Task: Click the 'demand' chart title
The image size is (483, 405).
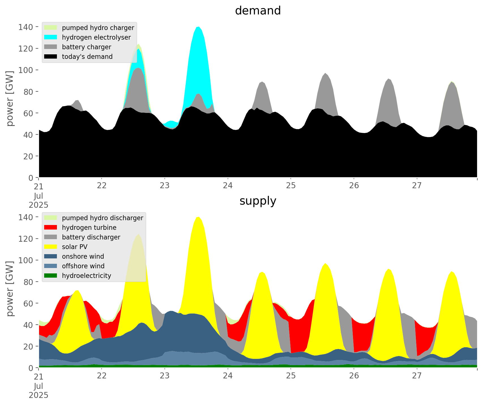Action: pyautogui.click(x=258, y=11)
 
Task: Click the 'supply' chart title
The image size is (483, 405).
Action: pyautogui.click(x=258, y=201)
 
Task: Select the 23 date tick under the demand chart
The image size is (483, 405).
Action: pyautogui.click(x=164, y=185)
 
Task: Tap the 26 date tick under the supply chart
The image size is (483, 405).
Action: pyautogui.click(x=354, y=376)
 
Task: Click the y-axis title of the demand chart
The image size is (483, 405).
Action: pyautogui.click(x=10, y=98)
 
